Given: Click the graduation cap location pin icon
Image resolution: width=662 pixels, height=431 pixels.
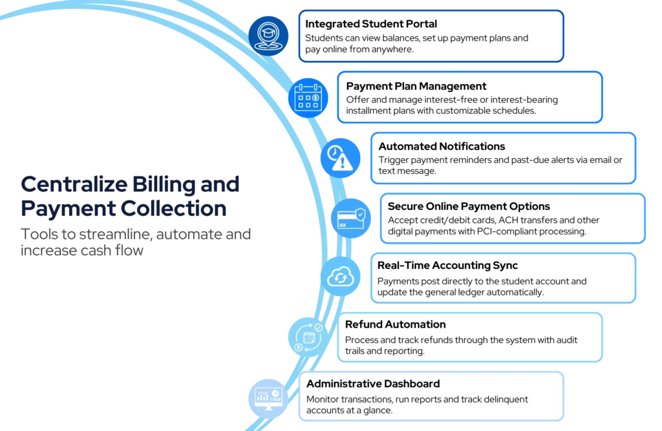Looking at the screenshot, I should tap(269, 35).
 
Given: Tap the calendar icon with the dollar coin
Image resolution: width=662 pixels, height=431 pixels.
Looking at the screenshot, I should tap(308, 98).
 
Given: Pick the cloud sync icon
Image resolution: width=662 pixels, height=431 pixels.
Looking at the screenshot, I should tap(339, 277).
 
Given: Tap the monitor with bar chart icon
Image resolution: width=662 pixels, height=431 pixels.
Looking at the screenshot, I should tap(268, 395).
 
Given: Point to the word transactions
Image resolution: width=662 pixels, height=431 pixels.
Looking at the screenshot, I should tap(372, 399).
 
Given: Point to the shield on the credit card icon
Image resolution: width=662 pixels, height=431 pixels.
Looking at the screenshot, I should tap(359, 213).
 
